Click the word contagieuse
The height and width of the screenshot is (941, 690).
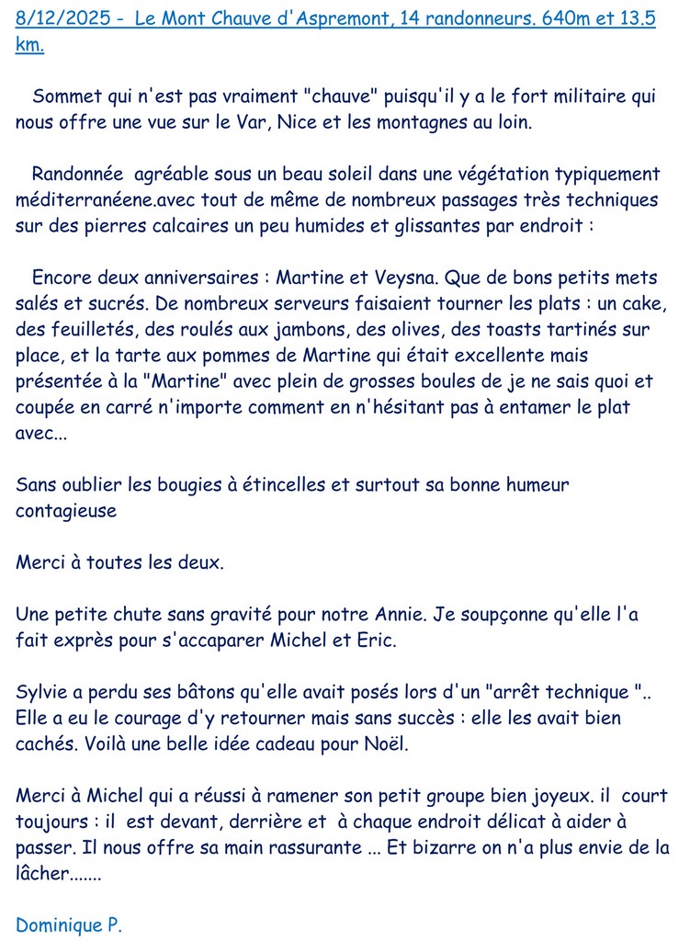pyautogui.click(x=66, y=511)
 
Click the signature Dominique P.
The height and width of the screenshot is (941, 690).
pyautogui.click(x=68, y=925)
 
